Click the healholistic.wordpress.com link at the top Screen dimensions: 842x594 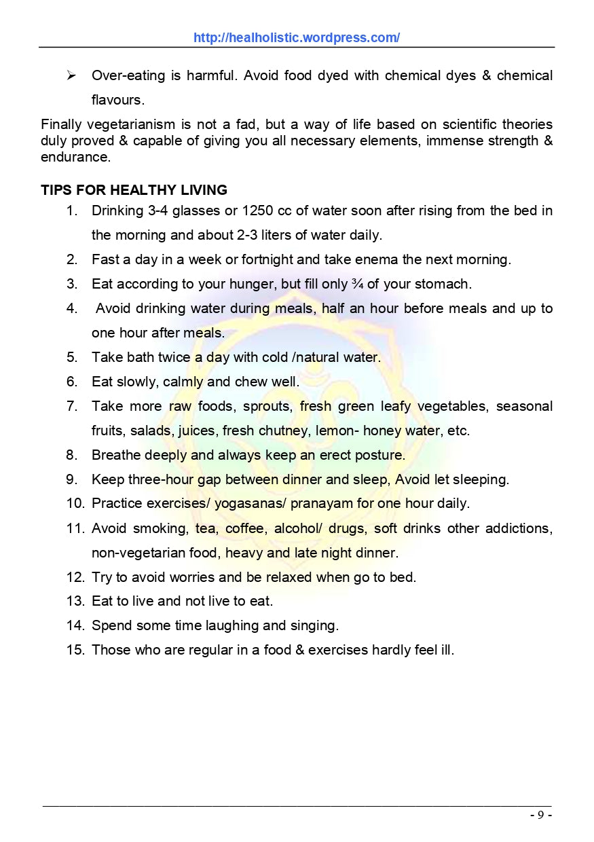tap(297, 38)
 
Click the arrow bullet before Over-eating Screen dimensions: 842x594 tap(71, 75)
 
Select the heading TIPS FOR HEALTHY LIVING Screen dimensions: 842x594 tap(134, 190)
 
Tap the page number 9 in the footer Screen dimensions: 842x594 tap(540, 816)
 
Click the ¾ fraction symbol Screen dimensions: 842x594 tap(357, 284)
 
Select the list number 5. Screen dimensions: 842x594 tap(71, 357)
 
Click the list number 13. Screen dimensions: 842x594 tap(74, 602)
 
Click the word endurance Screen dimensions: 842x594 tap(75, 157)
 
